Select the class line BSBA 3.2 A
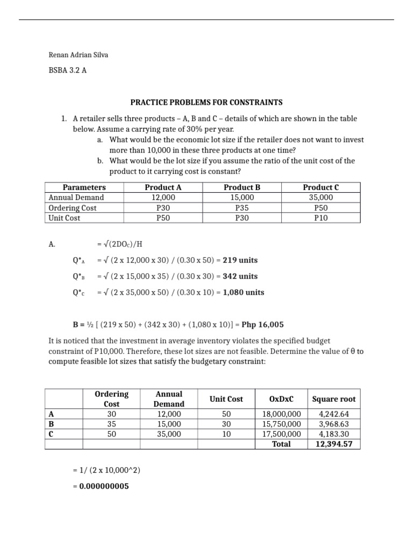(67, 70)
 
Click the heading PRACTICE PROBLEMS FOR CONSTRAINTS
(206, 102)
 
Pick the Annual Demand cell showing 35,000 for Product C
(321, 198)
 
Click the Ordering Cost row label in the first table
(73, 208)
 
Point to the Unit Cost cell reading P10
(321, 218)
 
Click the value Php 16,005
(264, 325)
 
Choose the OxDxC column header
(281, 399)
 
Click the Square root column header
(334, 399)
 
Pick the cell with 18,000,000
(281, 414)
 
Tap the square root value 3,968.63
(334, 424)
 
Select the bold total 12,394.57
(334, 444)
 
